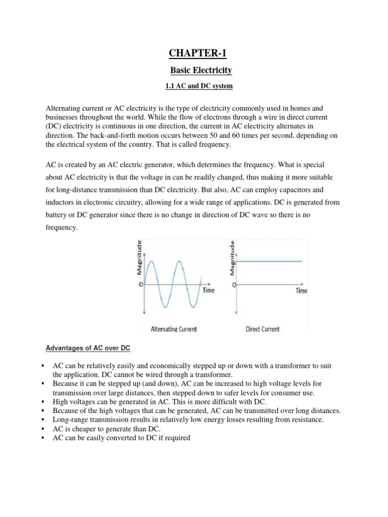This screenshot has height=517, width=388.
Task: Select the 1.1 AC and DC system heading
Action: (x=199, y=86)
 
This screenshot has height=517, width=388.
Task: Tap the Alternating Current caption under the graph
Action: (x=174, y=329)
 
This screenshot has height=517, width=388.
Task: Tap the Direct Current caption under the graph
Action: (x=262, y=329)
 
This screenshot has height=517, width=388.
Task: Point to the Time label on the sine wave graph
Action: (x=208, y=290)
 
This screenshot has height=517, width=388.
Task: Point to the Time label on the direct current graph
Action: (x=301, y=291)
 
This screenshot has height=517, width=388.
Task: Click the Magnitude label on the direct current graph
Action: (x=232, y=257)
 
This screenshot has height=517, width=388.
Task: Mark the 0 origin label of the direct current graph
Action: (x=234, y=285)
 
